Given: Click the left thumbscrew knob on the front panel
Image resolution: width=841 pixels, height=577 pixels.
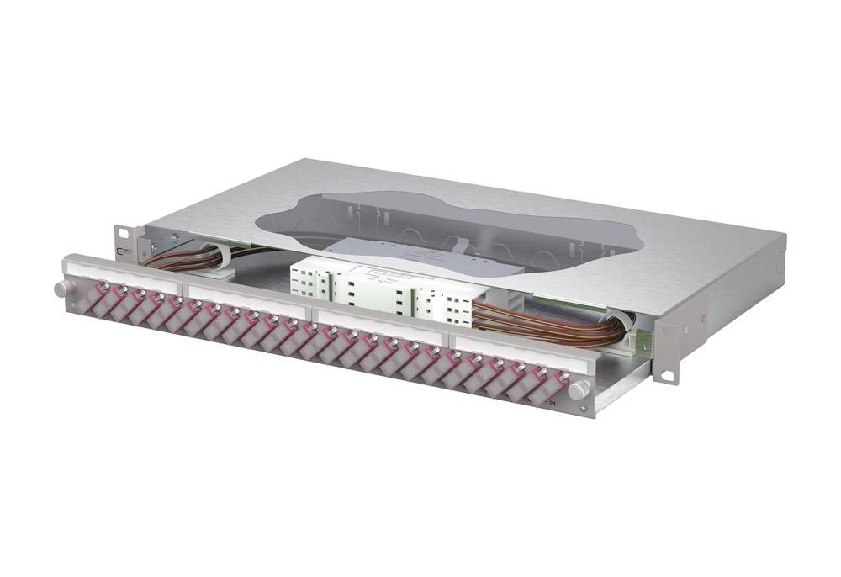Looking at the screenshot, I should [x=61, y=288].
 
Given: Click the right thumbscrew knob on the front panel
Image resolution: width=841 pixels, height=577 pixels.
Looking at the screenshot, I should [x=578, y=389].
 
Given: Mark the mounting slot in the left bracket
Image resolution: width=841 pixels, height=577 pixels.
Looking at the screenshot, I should [x=121, y=231].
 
